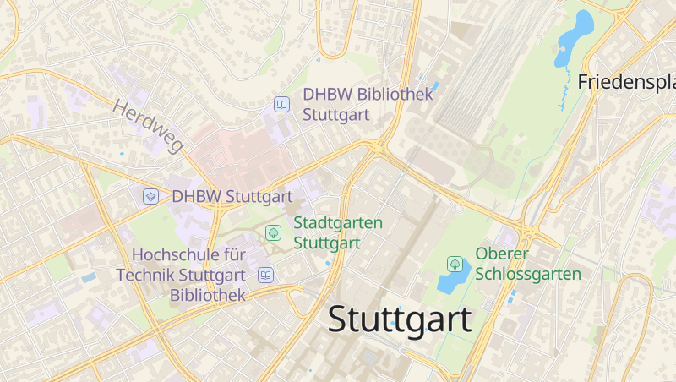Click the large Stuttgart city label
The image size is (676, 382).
[x=399, y=320]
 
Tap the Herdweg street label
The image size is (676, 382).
[x=147, y=127]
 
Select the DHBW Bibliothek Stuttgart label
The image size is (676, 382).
[x=368, y=104]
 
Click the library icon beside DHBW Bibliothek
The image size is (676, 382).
[x=281, y=105]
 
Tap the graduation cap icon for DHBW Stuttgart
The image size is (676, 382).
[x=150, y=196]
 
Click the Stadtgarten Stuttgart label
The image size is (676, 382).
[x=337, y=232]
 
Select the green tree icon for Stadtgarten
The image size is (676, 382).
[x=273, y=232]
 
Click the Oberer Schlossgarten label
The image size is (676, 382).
[x=527, y=264]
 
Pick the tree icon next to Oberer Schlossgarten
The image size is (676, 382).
[x=455, y=265]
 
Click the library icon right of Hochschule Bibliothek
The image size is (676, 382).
[x=265, y=275]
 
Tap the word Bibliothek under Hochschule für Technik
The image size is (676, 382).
[x=207, y=295]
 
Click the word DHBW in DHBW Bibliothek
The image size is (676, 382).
[x=328, y=94]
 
